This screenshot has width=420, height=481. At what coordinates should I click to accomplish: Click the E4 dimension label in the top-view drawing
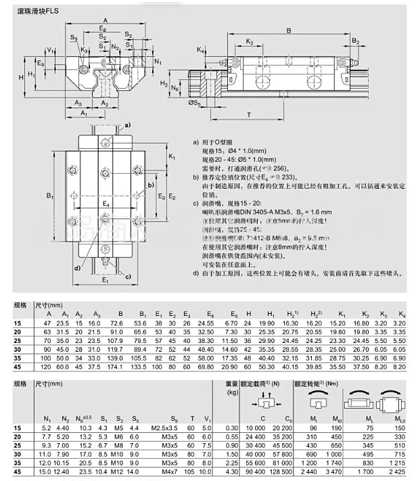pos(105,203)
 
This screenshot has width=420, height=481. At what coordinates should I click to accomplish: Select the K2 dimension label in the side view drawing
pos(249,43)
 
